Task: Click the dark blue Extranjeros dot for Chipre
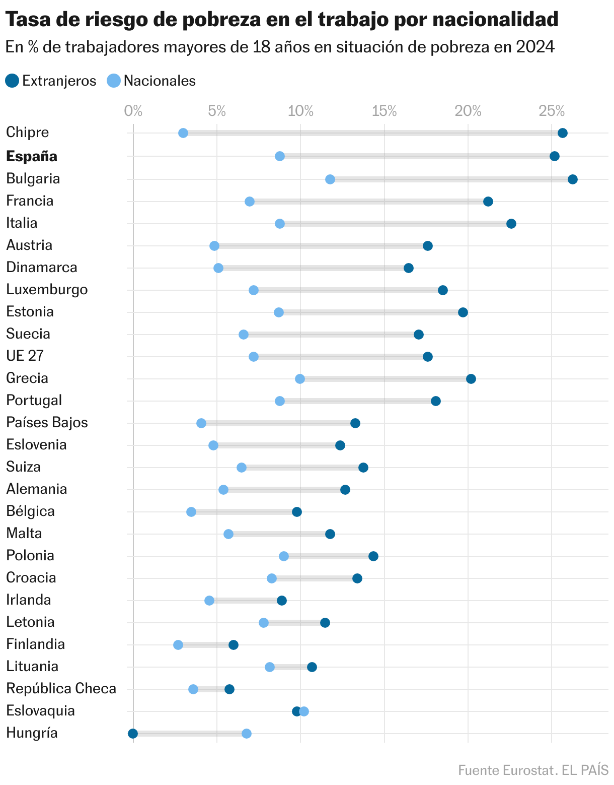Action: point(563,133)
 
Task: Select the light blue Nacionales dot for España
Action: point(280,156)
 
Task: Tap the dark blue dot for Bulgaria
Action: point(573,179)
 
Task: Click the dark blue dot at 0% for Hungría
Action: point(133,734)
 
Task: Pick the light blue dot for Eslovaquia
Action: point(304,711)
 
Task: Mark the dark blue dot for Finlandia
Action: point(234,645)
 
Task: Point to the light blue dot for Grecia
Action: point(300,379)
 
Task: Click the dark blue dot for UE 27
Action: point(428,357)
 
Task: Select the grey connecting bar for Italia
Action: point(396,224)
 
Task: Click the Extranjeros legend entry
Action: point(51,81)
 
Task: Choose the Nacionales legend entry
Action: point(152,81)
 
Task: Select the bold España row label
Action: point(32,156)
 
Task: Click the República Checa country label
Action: point(61,689)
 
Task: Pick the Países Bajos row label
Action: point(47,423)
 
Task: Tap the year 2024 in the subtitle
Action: point(535,47)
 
